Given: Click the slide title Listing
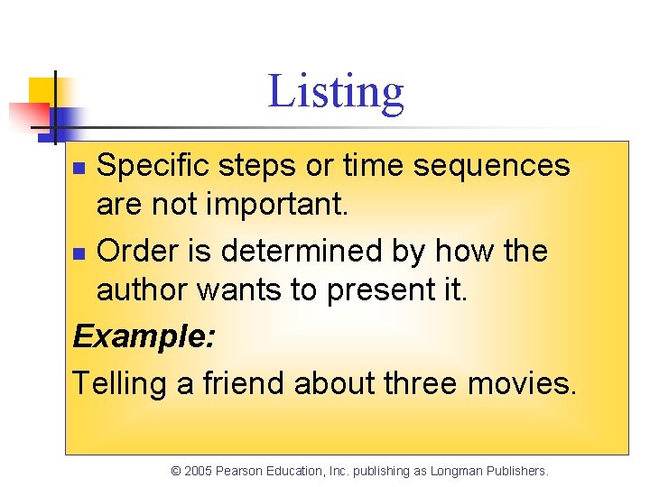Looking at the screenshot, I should (336, 92).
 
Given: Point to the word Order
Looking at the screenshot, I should (135, 250).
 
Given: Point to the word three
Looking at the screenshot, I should (421, 383).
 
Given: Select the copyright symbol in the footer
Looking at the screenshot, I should (176, 471).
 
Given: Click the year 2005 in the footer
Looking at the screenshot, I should (199, 471).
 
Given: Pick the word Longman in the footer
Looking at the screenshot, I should (457, 471).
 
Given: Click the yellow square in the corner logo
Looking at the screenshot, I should (43, 90).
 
